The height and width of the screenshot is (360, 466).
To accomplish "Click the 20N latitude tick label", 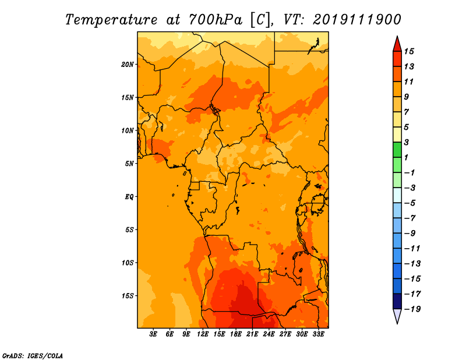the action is pyautogui.click(x=128, y=65).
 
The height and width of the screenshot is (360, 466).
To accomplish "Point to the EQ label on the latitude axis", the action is pyautogui.click(x=129, y=197).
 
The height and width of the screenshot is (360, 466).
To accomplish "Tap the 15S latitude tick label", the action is pyautogui.click(x=128, y=296).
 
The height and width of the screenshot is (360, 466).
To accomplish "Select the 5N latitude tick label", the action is pyautogui.click(x=129, y=164).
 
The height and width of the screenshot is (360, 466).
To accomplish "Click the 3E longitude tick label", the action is pyautogui.click(x=153, y=334).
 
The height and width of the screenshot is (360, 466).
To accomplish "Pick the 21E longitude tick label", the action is pyautogui.click(x=252, y=334).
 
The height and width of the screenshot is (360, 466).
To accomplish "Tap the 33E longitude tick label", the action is pyautogui.click(x=318, y=334).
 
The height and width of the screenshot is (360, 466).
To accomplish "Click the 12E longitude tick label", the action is pyautogui.click(x=203, y=334).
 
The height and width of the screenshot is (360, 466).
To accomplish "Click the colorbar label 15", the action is pyautogui.click(x=409, y=51).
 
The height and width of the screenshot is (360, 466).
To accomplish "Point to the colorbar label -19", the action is pyautogui.click(x=412, y=309).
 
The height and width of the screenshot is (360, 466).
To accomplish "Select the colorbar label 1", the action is pyautogui.click(x=406, y=157).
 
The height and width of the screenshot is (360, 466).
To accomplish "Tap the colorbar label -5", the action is pyautogui.click(x=410, y=203).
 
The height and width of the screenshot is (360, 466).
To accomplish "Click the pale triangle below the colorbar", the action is pyautogui.click(x=397, y=315).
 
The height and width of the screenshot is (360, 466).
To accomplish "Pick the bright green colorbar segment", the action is pyautogui.click(x=397, y=150).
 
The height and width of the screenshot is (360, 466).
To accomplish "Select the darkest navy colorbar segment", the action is pyautogui.click(x=397, y=301).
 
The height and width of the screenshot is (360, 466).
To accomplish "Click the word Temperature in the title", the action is pyautogui.click(x=111, y=20).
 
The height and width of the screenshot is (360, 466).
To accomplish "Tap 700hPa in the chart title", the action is pyautogui.click(x=216, y=20).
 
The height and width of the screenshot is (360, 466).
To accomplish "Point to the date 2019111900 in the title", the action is pyautogui.click(x=357, y=20).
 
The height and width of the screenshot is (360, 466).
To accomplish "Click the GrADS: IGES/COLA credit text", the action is pyautogui.click(x=33, y=356).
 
